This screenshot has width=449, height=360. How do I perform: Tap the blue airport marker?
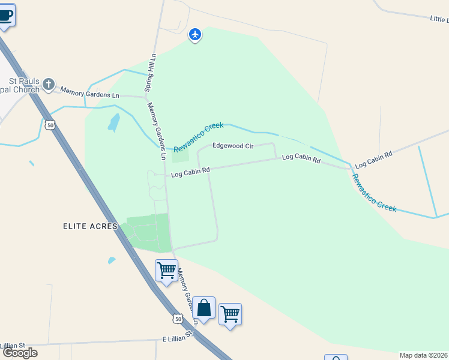click(195, 35)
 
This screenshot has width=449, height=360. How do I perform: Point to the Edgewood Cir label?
click(234, 146)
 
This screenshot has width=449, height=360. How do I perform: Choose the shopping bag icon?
click(204, 308)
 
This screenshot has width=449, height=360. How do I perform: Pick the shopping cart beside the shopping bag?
click(230, 314)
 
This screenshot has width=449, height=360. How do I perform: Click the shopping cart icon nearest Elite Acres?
click(166, 270)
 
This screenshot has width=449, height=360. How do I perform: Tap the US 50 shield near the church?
click(50, 125)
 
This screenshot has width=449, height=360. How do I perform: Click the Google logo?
click(20, 353)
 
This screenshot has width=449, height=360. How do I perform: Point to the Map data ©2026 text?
click(423, 355)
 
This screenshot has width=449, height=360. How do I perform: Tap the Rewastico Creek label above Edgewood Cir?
click(198, 137)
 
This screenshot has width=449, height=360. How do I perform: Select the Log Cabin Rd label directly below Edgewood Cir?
click(190, 173)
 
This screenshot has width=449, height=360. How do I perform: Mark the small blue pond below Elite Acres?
click(112, 260)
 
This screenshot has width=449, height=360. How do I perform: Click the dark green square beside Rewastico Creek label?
click(180, 155)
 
